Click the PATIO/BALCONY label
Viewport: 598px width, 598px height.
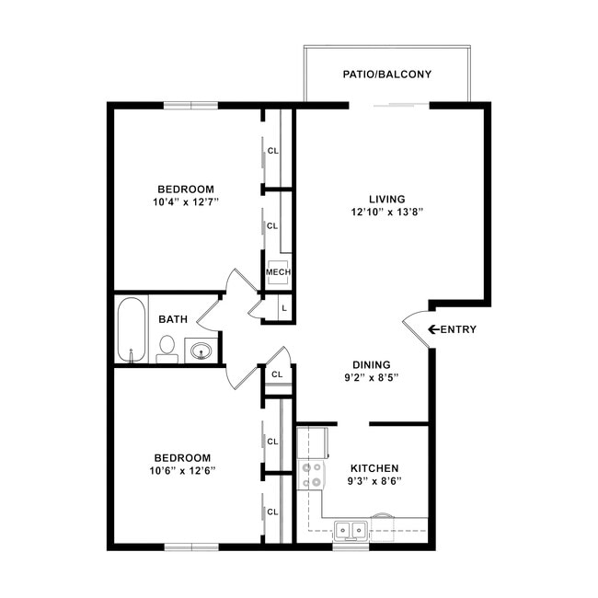387,75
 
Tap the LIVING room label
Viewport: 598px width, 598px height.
386,199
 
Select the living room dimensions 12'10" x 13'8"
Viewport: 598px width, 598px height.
386,212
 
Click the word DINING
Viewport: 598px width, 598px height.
372,364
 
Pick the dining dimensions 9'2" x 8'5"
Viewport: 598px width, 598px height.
372,377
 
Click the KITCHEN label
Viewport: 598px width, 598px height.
374,467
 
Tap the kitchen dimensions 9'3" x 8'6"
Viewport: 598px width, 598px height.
374,480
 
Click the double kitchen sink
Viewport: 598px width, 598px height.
350,530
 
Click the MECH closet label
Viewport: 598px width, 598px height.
278,272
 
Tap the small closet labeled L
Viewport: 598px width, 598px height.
283,309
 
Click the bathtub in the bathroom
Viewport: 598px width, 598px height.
131,329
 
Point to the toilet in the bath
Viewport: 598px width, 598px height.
167,348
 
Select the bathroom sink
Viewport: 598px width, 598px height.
201,350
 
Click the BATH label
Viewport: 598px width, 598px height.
173,319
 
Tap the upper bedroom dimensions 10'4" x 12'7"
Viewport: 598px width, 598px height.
185,201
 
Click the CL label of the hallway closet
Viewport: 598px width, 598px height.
277,374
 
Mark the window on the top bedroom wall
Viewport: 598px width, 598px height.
190,105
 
